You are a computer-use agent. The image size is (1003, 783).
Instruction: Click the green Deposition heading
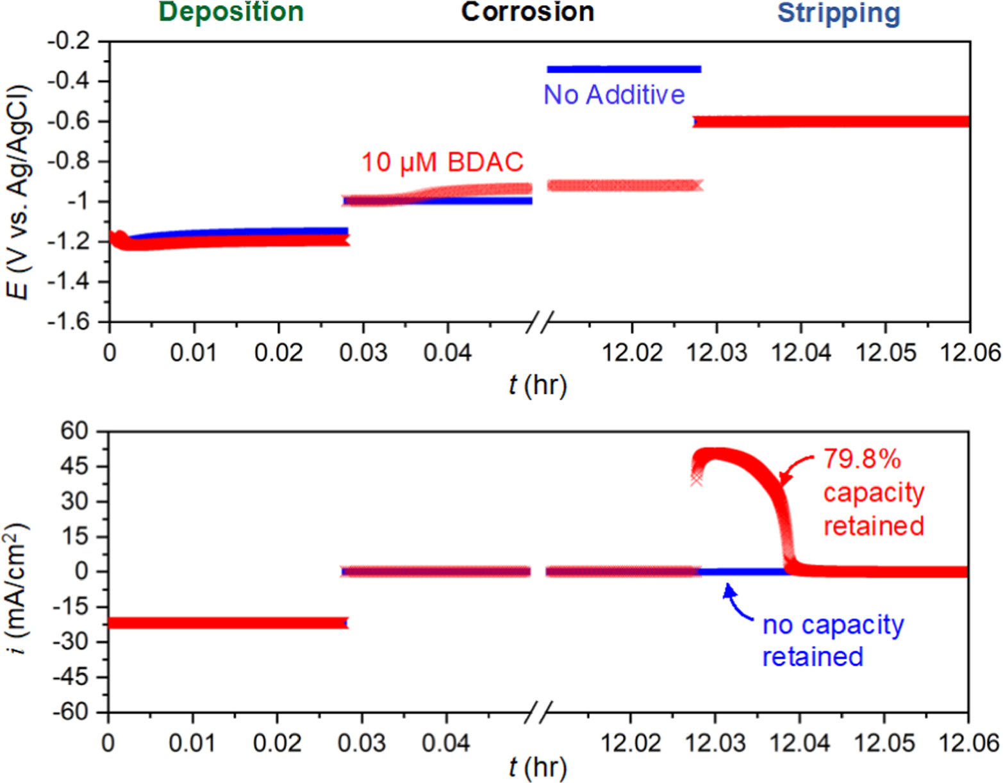coord(231,12)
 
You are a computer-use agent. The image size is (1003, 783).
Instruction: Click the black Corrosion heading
coord(527,12)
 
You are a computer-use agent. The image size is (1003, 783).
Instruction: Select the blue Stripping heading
coord(838,13)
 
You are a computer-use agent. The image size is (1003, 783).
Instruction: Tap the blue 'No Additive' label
coord(614,95)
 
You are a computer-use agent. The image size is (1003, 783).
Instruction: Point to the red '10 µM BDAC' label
coord(442,162)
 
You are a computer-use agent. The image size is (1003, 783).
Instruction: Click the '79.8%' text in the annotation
coord(862,459)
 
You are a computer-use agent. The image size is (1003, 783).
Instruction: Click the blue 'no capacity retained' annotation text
coord(832,640)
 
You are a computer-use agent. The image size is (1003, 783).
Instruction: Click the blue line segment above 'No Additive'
coord(624,69)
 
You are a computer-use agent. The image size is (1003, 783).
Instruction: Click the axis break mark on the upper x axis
coord(539,322)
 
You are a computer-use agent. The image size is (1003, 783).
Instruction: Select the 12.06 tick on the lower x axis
coord(968,743)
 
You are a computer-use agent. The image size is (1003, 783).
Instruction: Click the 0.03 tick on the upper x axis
coord(363,352)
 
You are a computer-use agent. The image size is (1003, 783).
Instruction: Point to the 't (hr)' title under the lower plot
coord(537,767)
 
